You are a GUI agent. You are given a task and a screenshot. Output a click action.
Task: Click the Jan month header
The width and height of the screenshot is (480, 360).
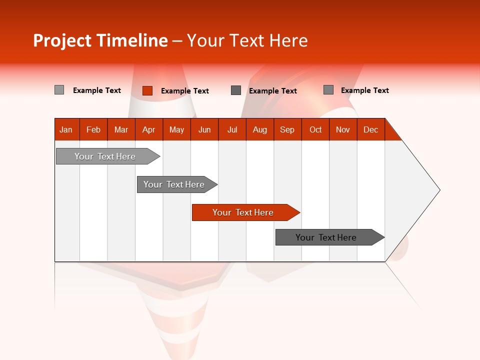point(66,129)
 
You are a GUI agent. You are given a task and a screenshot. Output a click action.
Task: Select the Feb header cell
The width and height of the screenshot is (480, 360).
point(93,129)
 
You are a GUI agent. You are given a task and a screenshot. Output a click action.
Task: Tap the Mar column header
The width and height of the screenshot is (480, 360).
point(121,129)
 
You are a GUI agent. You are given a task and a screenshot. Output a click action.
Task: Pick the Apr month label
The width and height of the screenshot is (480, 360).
point(148,129)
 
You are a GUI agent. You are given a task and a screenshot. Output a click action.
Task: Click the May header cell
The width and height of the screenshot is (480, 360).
point(176,129)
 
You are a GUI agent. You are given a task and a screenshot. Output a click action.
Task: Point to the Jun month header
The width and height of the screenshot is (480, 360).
point(204,129)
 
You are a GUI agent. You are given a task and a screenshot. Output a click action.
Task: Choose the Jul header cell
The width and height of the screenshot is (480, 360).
point(232,129)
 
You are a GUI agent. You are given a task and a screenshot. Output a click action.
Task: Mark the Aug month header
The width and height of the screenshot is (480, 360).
point(259,129)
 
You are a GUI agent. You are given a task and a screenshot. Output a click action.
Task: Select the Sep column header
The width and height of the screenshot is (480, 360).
point(287,129)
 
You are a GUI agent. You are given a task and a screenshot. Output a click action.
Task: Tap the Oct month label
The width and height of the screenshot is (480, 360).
point(315,129)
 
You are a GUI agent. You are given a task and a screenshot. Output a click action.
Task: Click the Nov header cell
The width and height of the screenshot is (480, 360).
point(343,129)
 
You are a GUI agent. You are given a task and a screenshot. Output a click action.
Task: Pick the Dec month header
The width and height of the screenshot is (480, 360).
point(370,129)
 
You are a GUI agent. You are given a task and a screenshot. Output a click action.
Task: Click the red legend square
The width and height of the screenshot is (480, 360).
point(147,90)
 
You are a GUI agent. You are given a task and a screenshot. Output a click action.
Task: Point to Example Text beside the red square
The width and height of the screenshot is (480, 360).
point(185,90)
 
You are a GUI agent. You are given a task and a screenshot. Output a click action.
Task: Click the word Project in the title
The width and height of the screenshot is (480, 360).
point(62,40)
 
